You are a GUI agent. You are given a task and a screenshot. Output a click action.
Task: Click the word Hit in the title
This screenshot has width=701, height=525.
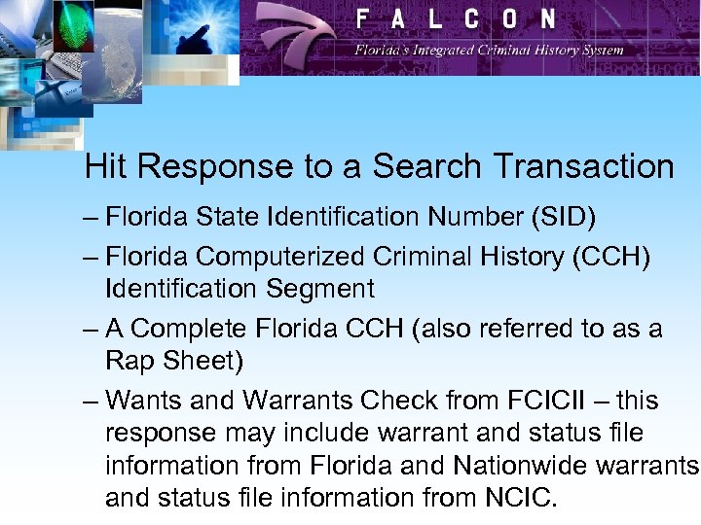(104, 167)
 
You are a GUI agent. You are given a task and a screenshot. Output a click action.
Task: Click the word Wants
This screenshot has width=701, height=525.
(139, 401)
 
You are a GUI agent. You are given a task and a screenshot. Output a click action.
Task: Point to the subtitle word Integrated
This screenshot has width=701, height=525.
(438, 50)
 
